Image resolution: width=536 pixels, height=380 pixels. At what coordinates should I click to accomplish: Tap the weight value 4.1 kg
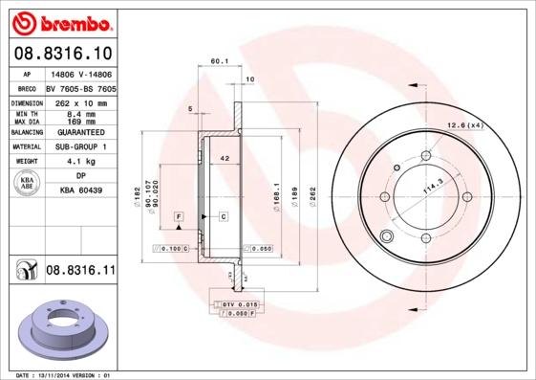click(x=81, y=163)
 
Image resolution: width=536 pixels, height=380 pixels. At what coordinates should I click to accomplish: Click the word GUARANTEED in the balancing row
click(x=81, y=132)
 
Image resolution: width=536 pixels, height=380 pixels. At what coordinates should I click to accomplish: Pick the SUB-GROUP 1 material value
click(x=81, y=147)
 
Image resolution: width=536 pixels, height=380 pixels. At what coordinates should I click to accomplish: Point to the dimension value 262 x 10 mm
click(x=81, y=102)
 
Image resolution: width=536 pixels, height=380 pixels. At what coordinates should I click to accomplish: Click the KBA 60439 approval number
click(x=81, y=191)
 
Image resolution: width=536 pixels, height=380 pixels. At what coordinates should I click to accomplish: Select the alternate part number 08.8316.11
click(x=80, y=273)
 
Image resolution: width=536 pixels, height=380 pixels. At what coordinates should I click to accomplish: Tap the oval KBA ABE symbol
click(x=28, y=184)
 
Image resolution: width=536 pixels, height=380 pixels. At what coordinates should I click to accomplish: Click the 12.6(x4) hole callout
click(x=466, y=124)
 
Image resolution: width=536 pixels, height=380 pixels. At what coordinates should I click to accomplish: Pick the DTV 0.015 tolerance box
click(x=235, y=303)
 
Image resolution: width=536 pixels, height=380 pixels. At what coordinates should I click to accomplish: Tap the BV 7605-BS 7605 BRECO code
click(x=81, y=86)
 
